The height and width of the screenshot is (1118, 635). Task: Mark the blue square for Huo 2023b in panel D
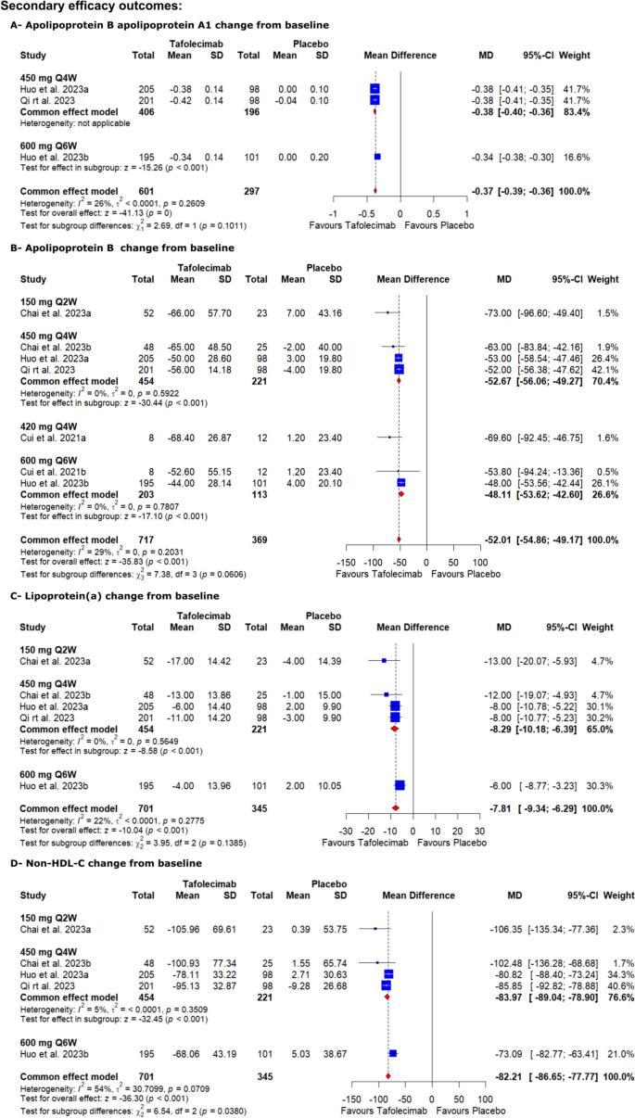coord(393,1054)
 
